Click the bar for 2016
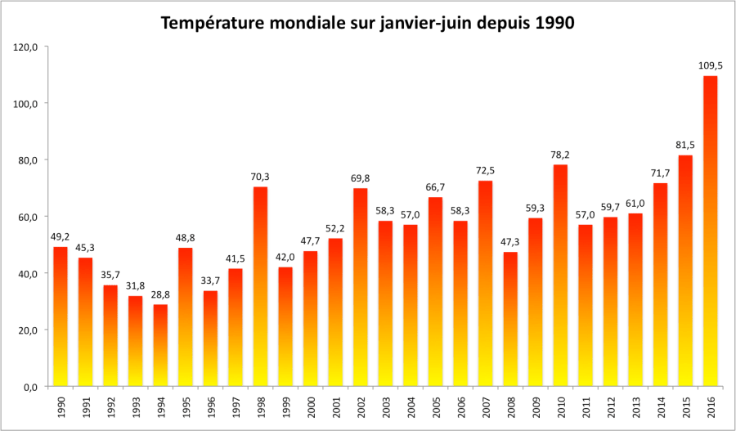click(711, 231)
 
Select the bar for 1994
click(160, 345)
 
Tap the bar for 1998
click(260, 286)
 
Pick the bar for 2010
click(560, 276)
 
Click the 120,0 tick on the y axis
click(26, 47)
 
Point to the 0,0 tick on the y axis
click(30, 387)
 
